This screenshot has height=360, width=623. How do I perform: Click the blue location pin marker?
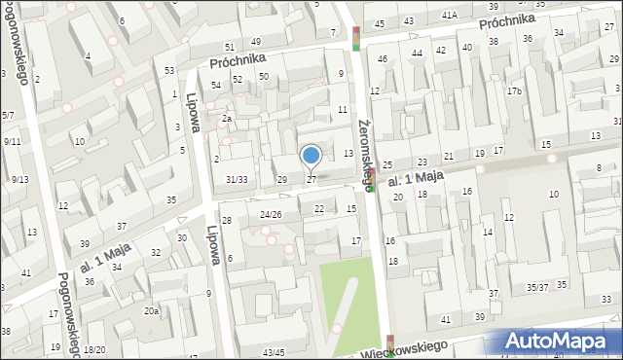pos(311,156)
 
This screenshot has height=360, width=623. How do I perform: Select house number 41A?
pos(449,16)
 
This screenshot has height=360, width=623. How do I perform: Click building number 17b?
pos(514,91)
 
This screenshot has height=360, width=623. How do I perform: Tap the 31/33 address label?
pos(237,180)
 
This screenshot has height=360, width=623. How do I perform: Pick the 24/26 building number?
pos(271,214)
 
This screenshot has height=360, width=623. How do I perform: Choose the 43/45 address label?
pos(274,352)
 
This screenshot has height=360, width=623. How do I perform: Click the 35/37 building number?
pos(537,287)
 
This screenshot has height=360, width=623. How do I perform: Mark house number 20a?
pos(152,311)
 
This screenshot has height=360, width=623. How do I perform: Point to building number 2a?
pos(226,119)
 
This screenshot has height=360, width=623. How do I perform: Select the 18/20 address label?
pos(94,350)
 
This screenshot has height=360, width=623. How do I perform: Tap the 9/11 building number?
pos(13,142)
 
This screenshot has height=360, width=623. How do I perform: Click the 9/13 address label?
pos(19,179)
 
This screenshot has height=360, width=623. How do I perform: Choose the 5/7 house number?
pos(7,116)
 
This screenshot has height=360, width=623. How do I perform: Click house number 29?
pos(282,180)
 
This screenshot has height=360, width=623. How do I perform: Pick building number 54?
pos(216,86)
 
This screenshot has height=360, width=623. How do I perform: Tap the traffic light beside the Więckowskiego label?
pos(391,345)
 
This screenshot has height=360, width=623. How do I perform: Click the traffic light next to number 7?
pos(356,38)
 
